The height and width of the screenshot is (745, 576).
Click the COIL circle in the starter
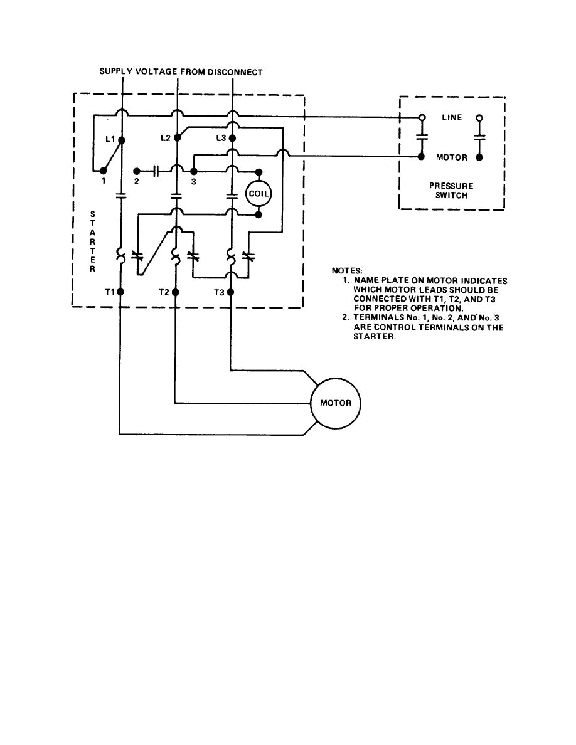(x=258, y=193)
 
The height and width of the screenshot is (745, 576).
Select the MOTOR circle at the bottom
(x=336, y=403)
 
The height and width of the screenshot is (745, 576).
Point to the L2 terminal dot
(x=177, y=137)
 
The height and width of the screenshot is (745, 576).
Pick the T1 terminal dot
(x=122, y=292)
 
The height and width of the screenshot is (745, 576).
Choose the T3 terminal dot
(x=232, y=292)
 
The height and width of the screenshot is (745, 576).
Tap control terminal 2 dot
(x=137, y=171)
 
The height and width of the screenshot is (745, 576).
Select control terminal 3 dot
(x=193, y=171)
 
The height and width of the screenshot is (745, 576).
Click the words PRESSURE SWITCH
(x=451, y=191)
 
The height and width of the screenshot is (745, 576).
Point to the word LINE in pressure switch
(x=452, y=118)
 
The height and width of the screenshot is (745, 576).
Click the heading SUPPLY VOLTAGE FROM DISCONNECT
(x=181, y=72)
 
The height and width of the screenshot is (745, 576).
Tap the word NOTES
(x=347, y=271)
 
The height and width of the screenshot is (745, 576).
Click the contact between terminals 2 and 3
(x=157, y=171)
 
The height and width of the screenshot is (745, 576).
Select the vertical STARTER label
(x=92, y=241)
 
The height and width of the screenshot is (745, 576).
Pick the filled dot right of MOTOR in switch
(x=479, y=157)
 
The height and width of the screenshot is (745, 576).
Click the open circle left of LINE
(x=422, y=118)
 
